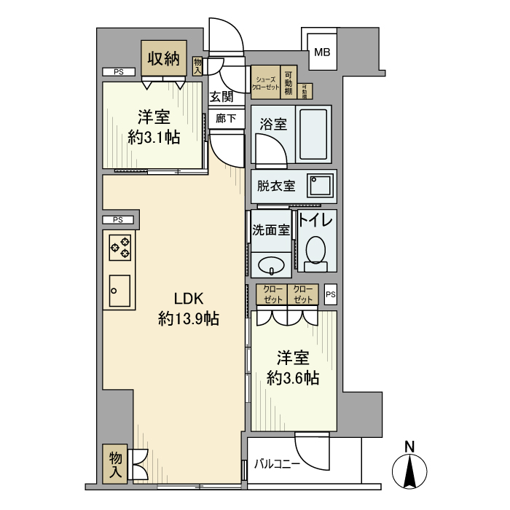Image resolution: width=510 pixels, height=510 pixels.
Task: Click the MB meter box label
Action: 322,52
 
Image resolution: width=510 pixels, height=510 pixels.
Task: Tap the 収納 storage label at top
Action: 164,59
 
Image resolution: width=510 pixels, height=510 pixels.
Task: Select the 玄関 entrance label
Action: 222,96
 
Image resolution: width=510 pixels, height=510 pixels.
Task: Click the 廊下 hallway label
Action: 226,118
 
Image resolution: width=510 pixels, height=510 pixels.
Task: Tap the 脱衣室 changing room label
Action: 276,186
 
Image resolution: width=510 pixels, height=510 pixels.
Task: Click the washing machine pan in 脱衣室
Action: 320,187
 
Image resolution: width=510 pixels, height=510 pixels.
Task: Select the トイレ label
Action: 315,220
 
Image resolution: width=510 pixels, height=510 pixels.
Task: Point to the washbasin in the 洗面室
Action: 271,264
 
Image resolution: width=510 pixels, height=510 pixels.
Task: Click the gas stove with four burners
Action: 120,248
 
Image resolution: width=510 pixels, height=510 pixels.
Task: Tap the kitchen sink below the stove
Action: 119,291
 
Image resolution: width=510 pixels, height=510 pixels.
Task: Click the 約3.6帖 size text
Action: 292,377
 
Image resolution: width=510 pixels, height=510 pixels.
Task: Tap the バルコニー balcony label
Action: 276,463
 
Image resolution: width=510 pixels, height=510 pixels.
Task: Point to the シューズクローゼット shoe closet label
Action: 265,82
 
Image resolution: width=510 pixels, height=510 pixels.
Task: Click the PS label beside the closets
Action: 331,294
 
